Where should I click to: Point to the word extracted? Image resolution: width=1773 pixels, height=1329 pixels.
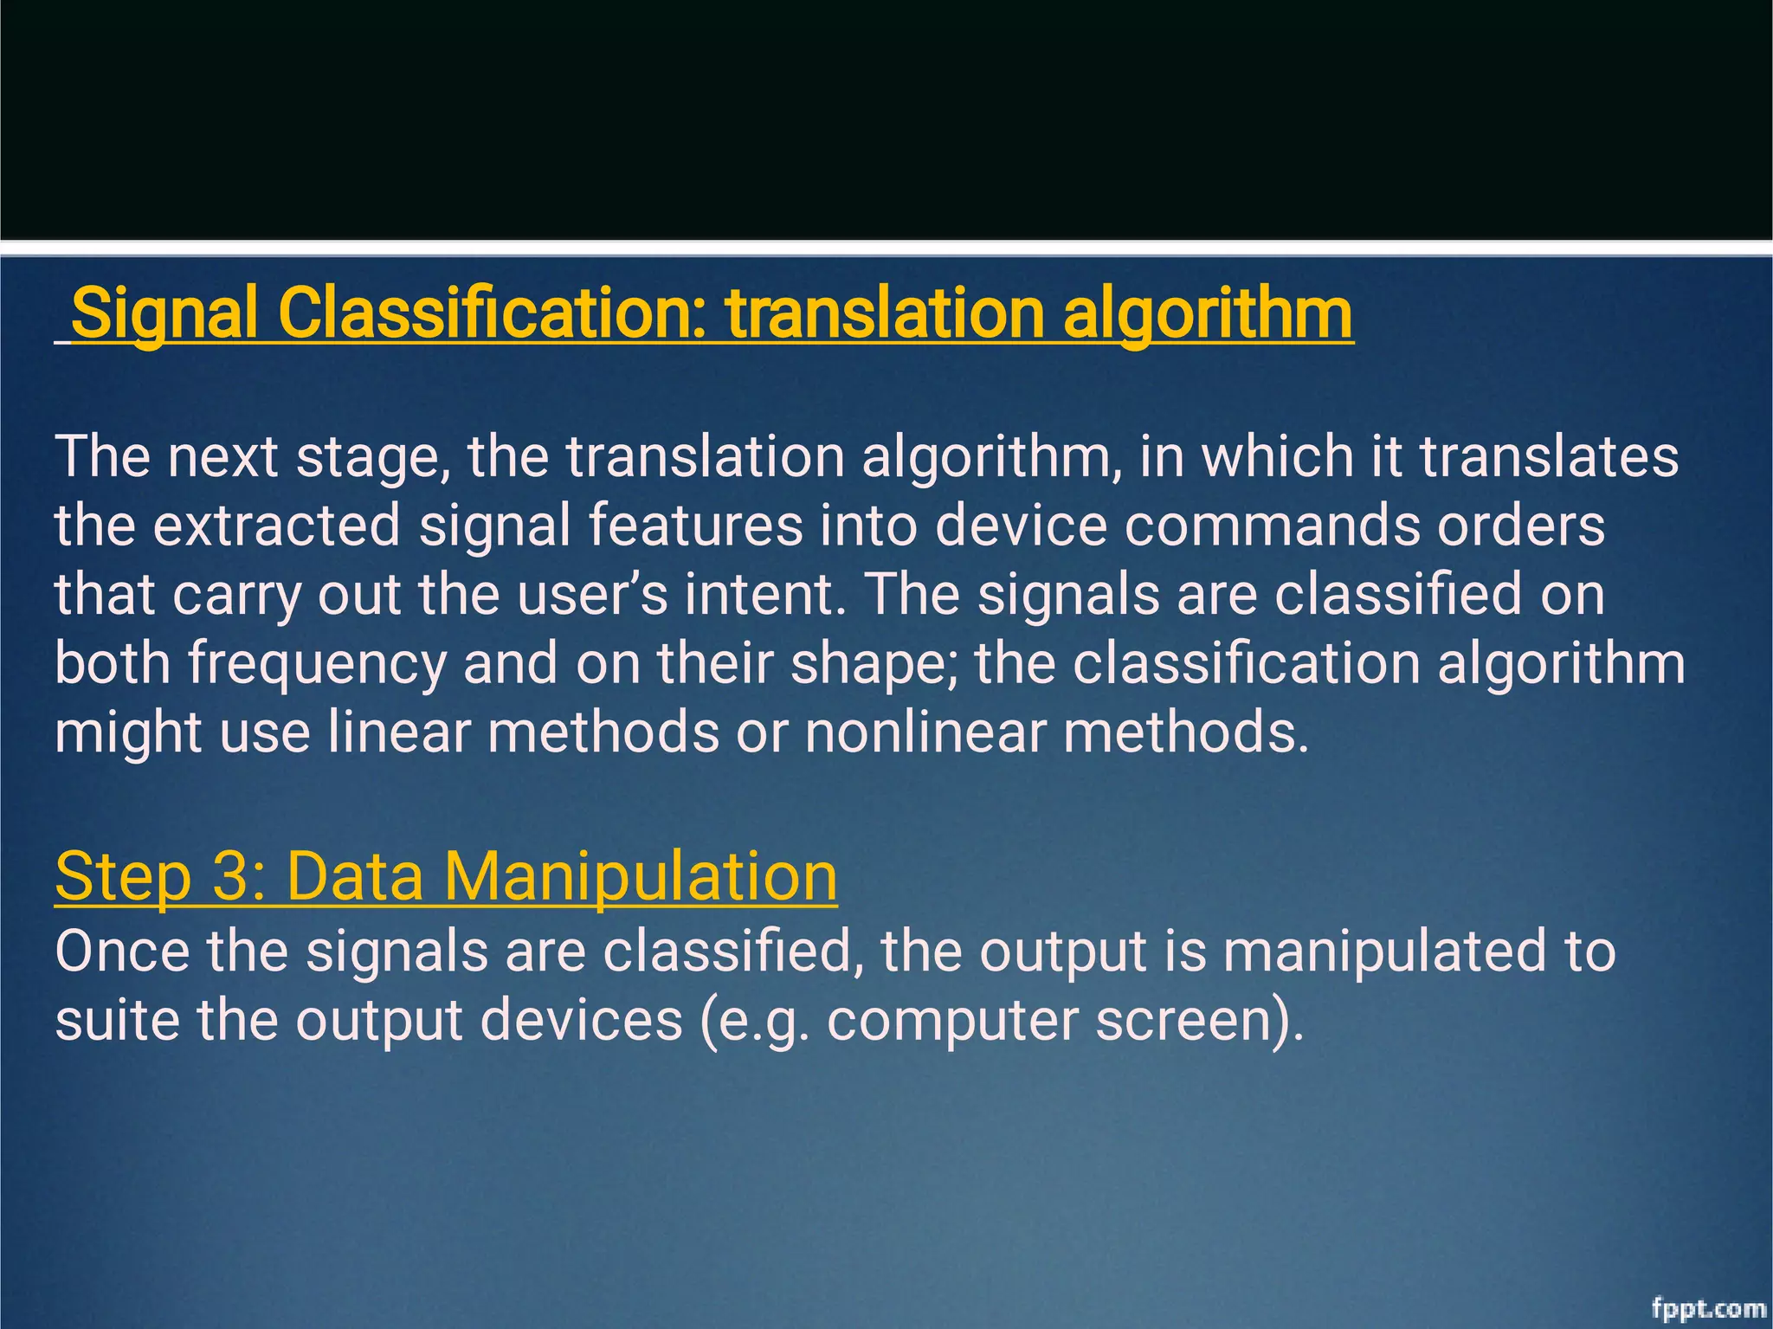[276, 526]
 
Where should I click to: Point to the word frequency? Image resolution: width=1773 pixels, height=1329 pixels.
[317, 665]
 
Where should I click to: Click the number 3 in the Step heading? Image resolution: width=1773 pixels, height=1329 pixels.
[231, 876]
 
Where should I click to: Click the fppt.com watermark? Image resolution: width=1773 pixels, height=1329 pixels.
[1708, 1308]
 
